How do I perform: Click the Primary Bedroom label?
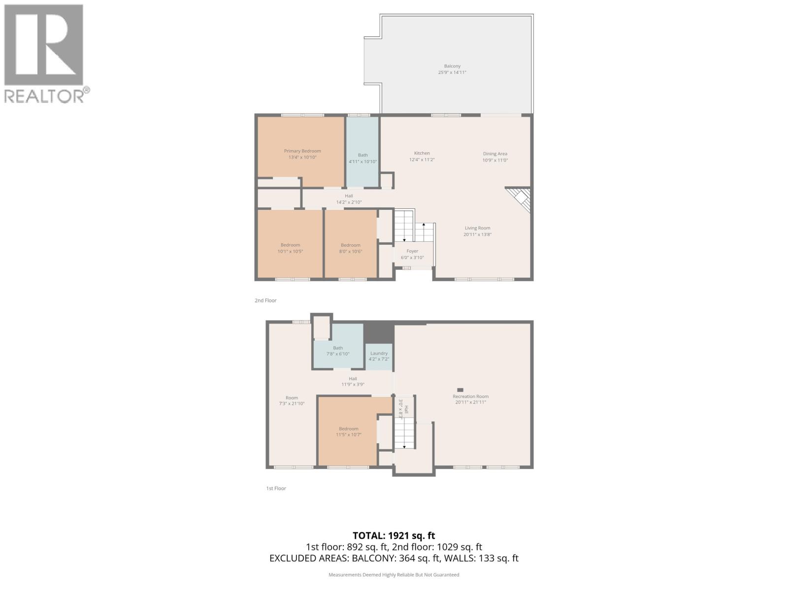tap(302, 151)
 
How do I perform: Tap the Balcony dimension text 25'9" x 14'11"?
tap(452, 72)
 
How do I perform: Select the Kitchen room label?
tap(422, 153)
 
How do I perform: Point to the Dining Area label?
tap(495, 154)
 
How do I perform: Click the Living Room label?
tap(477, 228)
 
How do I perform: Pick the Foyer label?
tap(412, 251)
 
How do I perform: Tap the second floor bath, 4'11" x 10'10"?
tap(362, 158)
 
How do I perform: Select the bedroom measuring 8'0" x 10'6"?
tap(350, 248)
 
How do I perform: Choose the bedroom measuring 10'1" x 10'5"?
tap(290, 248)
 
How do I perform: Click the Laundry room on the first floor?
tap(379, 356)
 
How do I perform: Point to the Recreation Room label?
tap(470, 396)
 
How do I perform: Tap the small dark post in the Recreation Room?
tap(460, 390)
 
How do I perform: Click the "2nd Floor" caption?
tap(265, 300)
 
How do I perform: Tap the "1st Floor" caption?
tap(276, 489)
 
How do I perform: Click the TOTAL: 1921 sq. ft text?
tap(394, 535)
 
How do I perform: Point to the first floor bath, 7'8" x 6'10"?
tap(337, 351)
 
